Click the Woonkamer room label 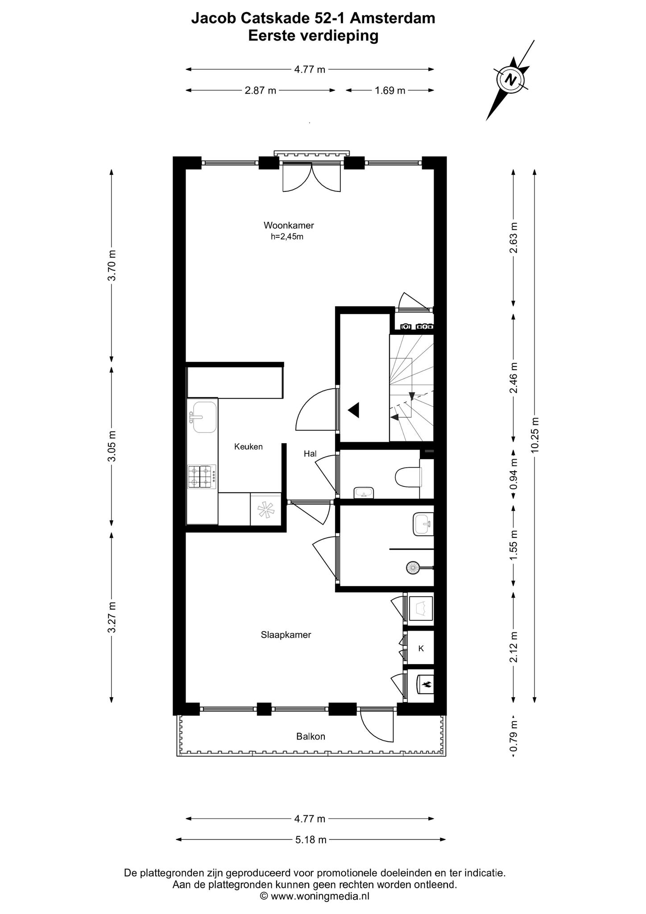[x=289, y=225]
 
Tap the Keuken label [x=248, y=446]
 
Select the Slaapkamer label [x=286, y=635]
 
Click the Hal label [x=310, y=453]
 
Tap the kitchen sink [x=205, y=417]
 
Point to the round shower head [x=413, y=568]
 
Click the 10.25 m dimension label [x=535, y=435]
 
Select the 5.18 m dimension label [x=311, y=839]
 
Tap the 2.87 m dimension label [x=261, y=91]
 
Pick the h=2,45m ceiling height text [x=287, y=237]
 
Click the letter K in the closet [x=421, y=648]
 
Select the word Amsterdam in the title [x=393, y=18]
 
